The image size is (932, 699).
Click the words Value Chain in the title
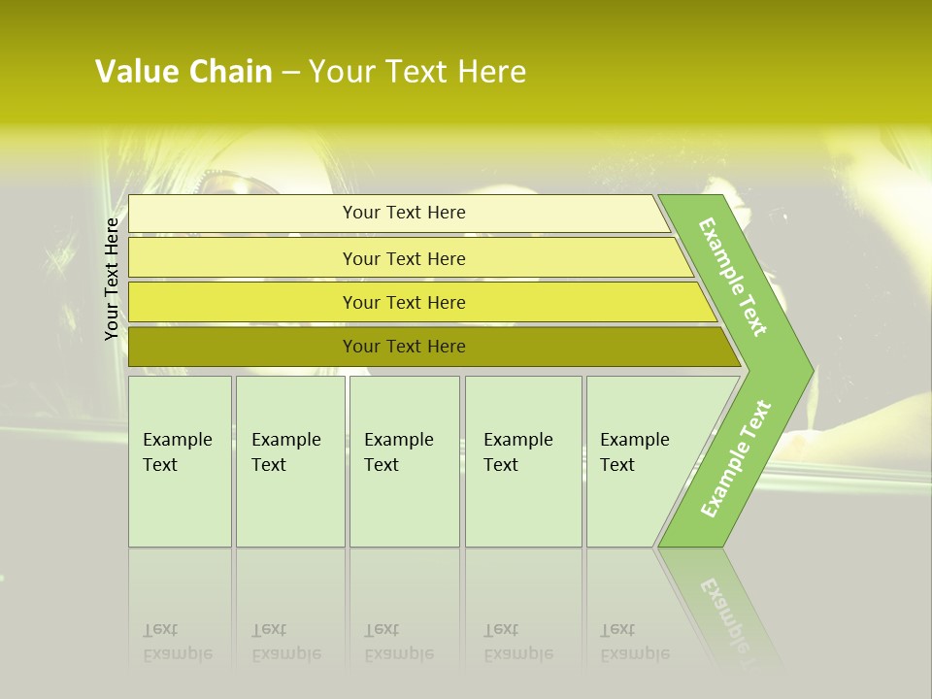[183, 72]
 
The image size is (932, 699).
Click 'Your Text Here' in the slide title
[417, 72]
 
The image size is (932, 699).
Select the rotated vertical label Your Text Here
[112, 279]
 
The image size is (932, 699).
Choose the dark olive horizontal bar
[243, 347]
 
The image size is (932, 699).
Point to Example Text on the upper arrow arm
[733, 277]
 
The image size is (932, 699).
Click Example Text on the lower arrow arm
[736, 458]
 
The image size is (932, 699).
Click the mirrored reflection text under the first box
[177, 642]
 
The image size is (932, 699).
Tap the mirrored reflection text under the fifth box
[634, 642]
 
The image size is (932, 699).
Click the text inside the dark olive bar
[404, 347]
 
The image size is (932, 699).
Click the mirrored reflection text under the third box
[398, 642]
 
